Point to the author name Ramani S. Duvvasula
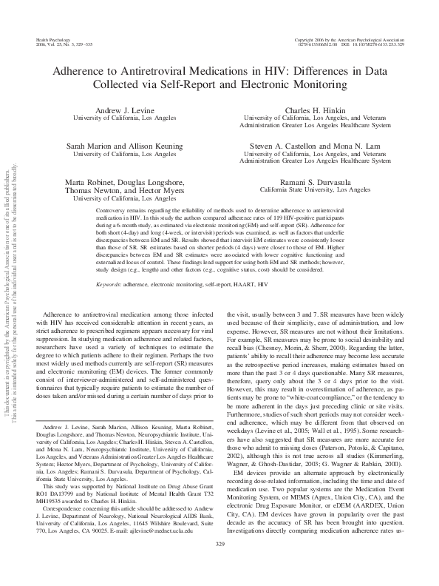tap(315, 181)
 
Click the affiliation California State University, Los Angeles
tap(315, 189)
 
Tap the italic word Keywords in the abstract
tap(109, 263)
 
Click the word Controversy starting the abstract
tap(114, 211)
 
